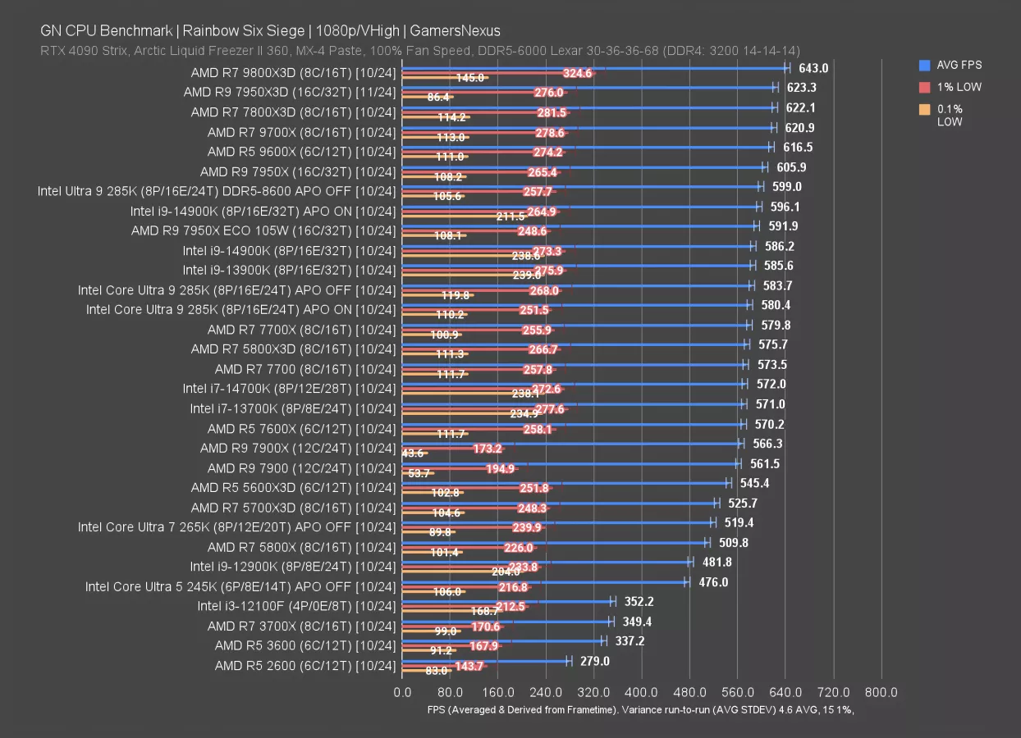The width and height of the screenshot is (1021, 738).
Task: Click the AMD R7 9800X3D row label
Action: pyautogui.click(x=293, y=72)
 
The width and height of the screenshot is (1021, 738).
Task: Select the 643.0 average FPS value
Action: pyautogui.click(x=813, y=68)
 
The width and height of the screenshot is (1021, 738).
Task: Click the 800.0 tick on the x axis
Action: pyautogui.click(x=881, y=692)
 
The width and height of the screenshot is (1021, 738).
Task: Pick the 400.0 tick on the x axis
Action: pyautogui.click(x=642, y=692)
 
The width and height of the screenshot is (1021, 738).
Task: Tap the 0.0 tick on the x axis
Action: pyautogui.click(x=402, y=692)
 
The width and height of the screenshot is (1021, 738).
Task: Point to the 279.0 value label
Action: pyautogui.click(x=595, y=661)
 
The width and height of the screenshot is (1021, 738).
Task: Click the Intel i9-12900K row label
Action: pyautogui.click(x=293, y=567)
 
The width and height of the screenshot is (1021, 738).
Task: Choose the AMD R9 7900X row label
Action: pyautogui.click(x=298, y=448)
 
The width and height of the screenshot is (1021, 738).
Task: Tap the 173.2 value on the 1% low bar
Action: pyautogui.click(x=488, y=449)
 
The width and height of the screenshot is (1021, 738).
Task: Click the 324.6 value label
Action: pyautogui.click(x=578, y=73)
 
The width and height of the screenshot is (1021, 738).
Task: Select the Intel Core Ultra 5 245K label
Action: pyautogui.click(x=240, y=586)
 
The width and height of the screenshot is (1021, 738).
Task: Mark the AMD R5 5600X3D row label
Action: pyautogui.click(x=293, y=487)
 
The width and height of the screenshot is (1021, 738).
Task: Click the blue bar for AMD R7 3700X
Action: pyautogui.click(x=506, y=621)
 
